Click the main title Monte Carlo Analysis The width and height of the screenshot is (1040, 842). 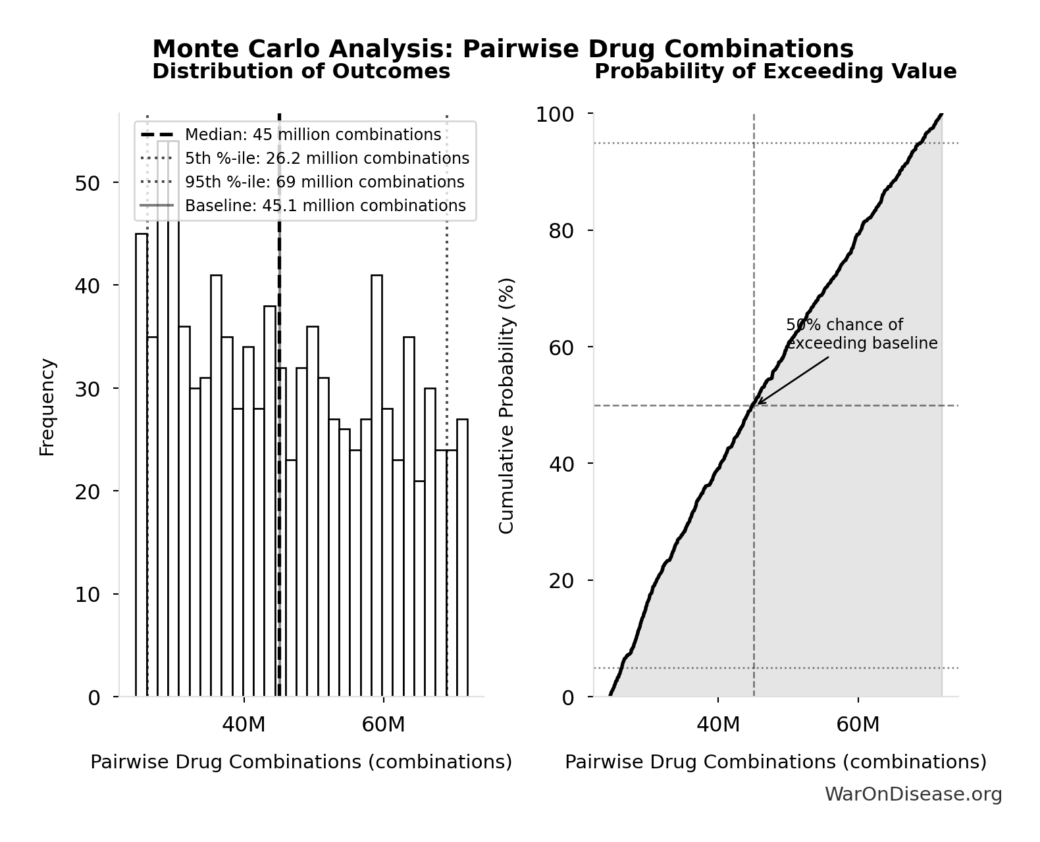point(502,49)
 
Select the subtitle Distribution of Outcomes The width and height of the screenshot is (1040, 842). point(301,71)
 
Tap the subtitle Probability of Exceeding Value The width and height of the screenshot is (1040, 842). point(775,71)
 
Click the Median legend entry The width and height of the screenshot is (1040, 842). point(313,135)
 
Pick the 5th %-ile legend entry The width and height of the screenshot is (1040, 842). point(326,159)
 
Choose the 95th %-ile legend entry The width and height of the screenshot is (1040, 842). point(324,182)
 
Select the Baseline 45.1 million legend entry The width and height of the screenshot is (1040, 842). point(325,206)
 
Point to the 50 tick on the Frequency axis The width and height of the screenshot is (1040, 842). point(87,183)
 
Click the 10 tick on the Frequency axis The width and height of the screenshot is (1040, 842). point(87,595)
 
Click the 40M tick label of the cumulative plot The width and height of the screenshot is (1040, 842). point(717,725)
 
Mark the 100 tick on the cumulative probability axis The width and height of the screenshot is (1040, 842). point(554,114)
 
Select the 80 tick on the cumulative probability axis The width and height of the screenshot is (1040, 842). point(561,231)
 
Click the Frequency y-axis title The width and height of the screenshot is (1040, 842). point(47,407)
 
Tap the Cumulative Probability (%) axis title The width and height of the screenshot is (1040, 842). point(506,406)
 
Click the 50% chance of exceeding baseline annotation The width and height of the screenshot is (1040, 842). point(861,334)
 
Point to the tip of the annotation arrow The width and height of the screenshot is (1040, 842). point(757,404)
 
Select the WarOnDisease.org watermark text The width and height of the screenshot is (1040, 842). point(913,795)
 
